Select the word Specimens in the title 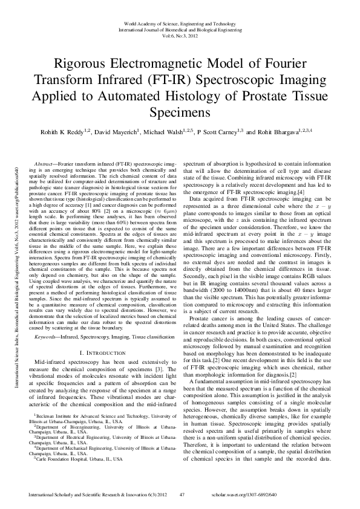[180, 112]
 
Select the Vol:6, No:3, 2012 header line [180, 35]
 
